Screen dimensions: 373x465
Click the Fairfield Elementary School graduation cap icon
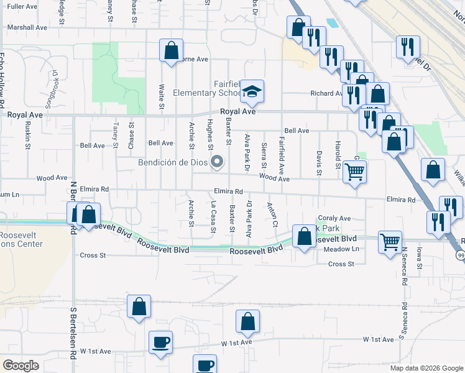tap(252, 91)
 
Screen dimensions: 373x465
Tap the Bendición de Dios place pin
tap(217, 163)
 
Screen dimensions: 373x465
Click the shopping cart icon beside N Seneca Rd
tap(390, 241)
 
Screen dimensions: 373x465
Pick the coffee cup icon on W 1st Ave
tap(160, 342)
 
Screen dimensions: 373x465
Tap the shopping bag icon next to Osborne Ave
tap(171, 51)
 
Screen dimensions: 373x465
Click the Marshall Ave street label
tap(27, 28)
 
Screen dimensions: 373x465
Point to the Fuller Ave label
tap(22, 6)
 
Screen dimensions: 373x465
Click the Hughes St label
tap(210, 131)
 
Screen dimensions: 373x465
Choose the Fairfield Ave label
tap(282, 156)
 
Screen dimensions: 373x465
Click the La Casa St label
tap(213, 216)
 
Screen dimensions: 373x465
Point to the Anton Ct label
tap(272, 214)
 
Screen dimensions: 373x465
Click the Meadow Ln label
tap(342, 249)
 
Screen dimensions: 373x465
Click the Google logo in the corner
tap(21, 366)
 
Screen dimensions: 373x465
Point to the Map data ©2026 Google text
tap(426, 368)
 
